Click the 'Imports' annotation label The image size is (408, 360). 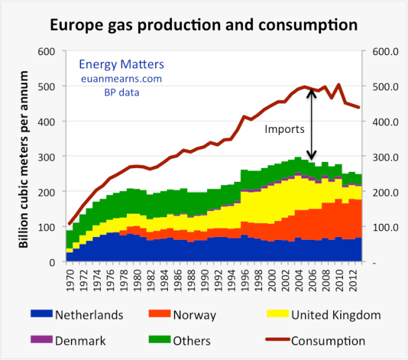point(284,130)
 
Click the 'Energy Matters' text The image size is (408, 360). point(121,64)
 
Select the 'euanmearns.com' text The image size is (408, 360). point(121,78)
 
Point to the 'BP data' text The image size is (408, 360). point(121,92)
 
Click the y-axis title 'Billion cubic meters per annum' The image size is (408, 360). point(24,156)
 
